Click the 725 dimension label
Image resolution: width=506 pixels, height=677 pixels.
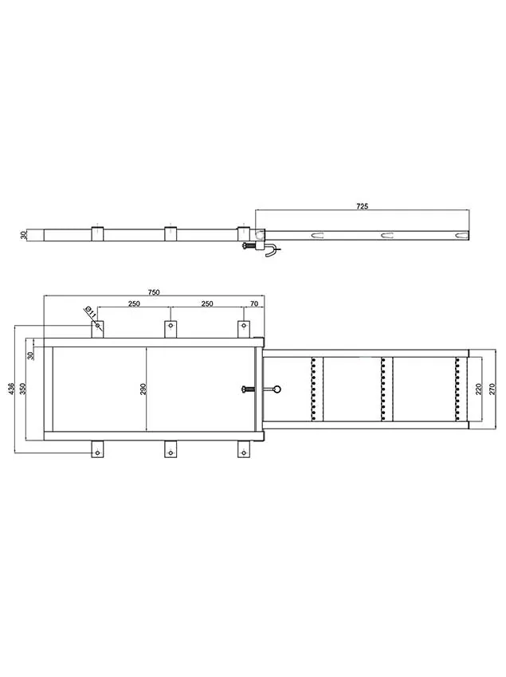click(x=362, y=206)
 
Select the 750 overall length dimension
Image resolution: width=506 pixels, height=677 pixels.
click(x=154, y=292)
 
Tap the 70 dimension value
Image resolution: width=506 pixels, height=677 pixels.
click(x=254, y=303)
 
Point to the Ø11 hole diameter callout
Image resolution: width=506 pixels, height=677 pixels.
click(x=91, y=311)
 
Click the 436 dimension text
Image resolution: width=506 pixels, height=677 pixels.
click(x=12, y=389)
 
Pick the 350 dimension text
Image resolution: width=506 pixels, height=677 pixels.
click(x=23, y=389)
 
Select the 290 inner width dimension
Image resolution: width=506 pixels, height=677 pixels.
click(x=143, y=389)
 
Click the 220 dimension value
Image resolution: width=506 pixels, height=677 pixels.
click(x=478, y=389)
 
